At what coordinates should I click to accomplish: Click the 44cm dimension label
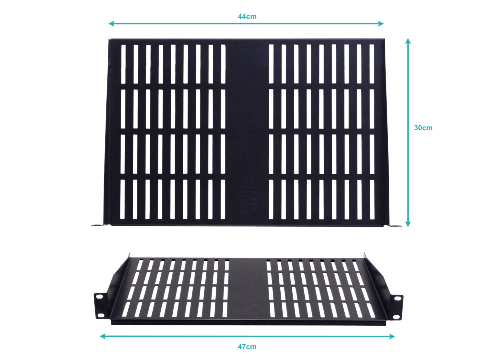[247, 16]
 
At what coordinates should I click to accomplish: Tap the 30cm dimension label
[423, 128]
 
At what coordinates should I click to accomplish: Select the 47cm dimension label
[247, 347]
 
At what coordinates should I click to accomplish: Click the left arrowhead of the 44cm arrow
[111, 23]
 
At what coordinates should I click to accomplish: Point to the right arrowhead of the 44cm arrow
[381, 23]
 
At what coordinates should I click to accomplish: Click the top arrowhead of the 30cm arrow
[408, 41]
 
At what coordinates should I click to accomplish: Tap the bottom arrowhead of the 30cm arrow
[408, 224]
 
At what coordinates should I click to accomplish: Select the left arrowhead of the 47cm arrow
[102, 336]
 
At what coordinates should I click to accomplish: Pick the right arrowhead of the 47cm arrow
[392, 336]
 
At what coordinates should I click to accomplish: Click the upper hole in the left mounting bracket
[99, 297]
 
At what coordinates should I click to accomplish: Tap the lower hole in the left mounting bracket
[100, 315]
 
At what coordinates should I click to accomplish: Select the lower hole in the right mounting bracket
[396, 317]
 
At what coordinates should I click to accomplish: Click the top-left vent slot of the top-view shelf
[123, 64]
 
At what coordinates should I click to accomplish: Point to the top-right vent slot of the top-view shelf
[372, 64]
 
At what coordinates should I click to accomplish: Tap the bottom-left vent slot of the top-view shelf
[123, 199]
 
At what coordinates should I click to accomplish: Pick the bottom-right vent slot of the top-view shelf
[372, 200]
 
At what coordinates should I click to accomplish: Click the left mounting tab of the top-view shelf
[98, 225]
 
